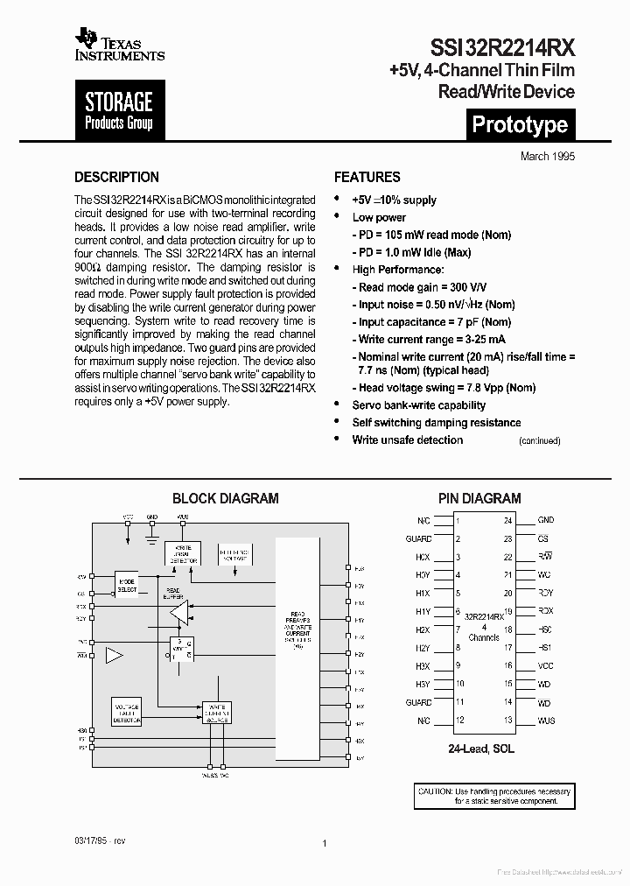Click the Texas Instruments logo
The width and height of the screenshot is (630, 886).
pos(119,44)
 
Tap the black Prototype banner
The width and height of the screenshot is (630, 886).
pos(520,124)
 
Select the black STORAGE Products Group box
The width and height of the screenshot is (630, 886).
pos(119,111)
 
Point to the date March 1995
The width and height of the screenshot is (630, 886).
pos(548,156)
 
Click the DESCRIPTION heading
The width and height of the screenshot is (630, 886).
pos(116,177)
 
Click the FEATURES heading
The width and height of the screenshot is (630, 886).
pos(367,177)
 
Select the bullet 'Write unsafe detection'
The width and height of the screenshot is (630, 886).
pos(407,439)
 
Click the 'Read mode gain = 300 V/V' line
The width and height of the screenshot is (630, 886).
pos(423,287)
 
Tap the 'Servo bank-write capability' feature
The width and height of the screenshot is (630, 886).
pos(418,405)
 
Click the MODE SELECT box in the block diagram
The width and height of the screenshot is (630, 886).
pos(127,585)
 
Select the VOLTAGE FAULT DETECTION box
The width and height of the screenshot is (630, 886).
pos(126,714)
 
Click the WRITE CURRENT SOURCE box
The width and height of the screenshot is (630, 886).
pos(216,711)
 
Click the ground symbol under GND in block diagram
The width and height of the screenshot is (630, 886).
pos(152,529)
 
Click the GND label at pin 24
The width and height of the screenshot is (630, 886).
pos(545,520)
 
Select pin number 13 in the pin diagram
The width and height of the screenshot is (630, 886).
pos(507,721)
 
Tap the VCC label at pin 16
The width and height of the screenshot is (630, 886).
pos(545,666)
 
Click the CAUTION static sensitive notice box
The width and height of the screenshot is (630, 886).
pos(493,796)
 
